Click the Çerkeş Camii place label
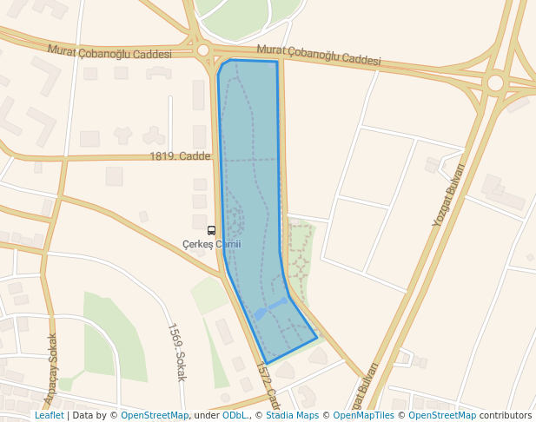(x=211, y=244)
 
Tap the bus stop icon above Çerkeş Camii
(x=211, y=231)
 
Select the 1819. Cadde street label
(x=181, y=156)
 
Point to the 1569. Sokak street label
(x=176, y=353)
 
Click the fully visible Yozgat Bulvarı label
(x=449, y=195)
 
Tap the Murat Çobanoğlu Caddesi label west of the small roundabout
(x=109, y=52)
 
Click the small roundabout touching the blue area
(x=203, y=50)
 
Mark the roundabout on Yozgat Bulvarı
(x=495, y=82)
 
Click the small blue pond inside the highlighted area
(x=260, y=313)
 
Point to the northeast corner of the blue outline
(x=277, y=62)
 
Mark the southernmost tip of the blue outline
(x=266, y=363)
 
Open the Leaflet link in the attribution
(x=49, y=415)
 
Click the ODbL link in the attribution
(x=235, y=415)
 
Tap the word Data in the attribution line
(x=84, y=415)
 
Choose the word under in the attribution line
(x=206, y=415)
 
